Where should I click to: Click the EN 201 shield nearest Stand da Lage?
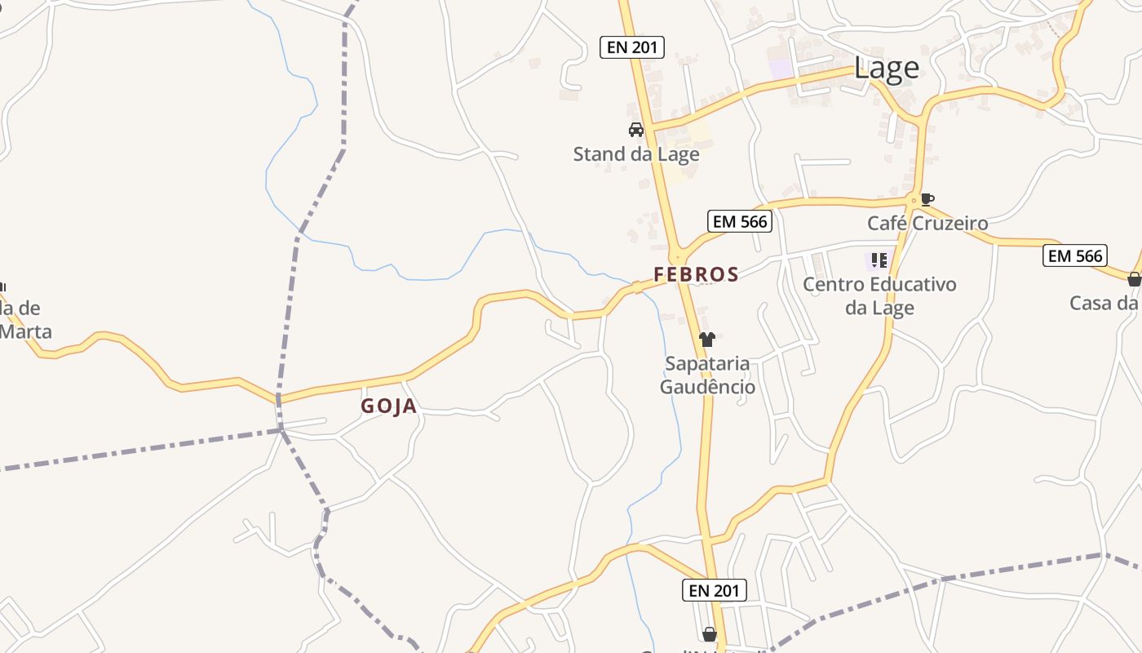(x=632, y=47)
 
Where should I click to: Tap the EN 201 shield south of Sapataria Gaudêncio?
(x=714, y=590)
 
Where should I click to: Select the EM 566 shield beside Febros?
(x=740, y=221)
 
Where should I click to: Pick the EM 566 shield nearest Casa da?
(x=1076, y=255)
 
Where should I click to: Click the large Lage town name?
(x=886, y=69)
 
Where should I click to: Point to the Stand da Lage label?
(x=636, y=153)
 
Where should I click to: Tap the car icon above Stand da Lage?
(x=636, y=129)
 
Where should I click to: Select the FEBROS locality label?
(x=696, y=274)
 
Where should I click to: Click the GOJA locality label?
(x=389, y=406)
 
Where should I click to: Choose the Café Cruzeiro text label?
(x=927, y=223)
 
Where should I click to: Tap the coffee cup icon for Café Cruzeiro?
(x=927, y=198)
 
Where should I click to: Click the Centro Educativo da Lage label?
(x=879, y=295)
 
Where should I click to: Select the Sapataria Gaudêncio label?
(x=707, y=375)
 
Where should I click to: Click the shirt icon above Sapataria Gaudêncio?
(x=707, y=340)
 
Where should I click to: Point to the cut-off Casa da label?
(x=1104, y=303)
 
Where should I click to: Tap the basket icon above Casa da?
(x=1134, y=279)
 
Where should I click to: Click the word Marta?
(x=26, y=331)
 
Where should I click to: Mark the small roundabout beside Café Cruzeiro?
(x=914, y=199)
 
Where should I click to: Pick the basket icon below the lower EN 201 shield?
(x=710, y=633)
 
